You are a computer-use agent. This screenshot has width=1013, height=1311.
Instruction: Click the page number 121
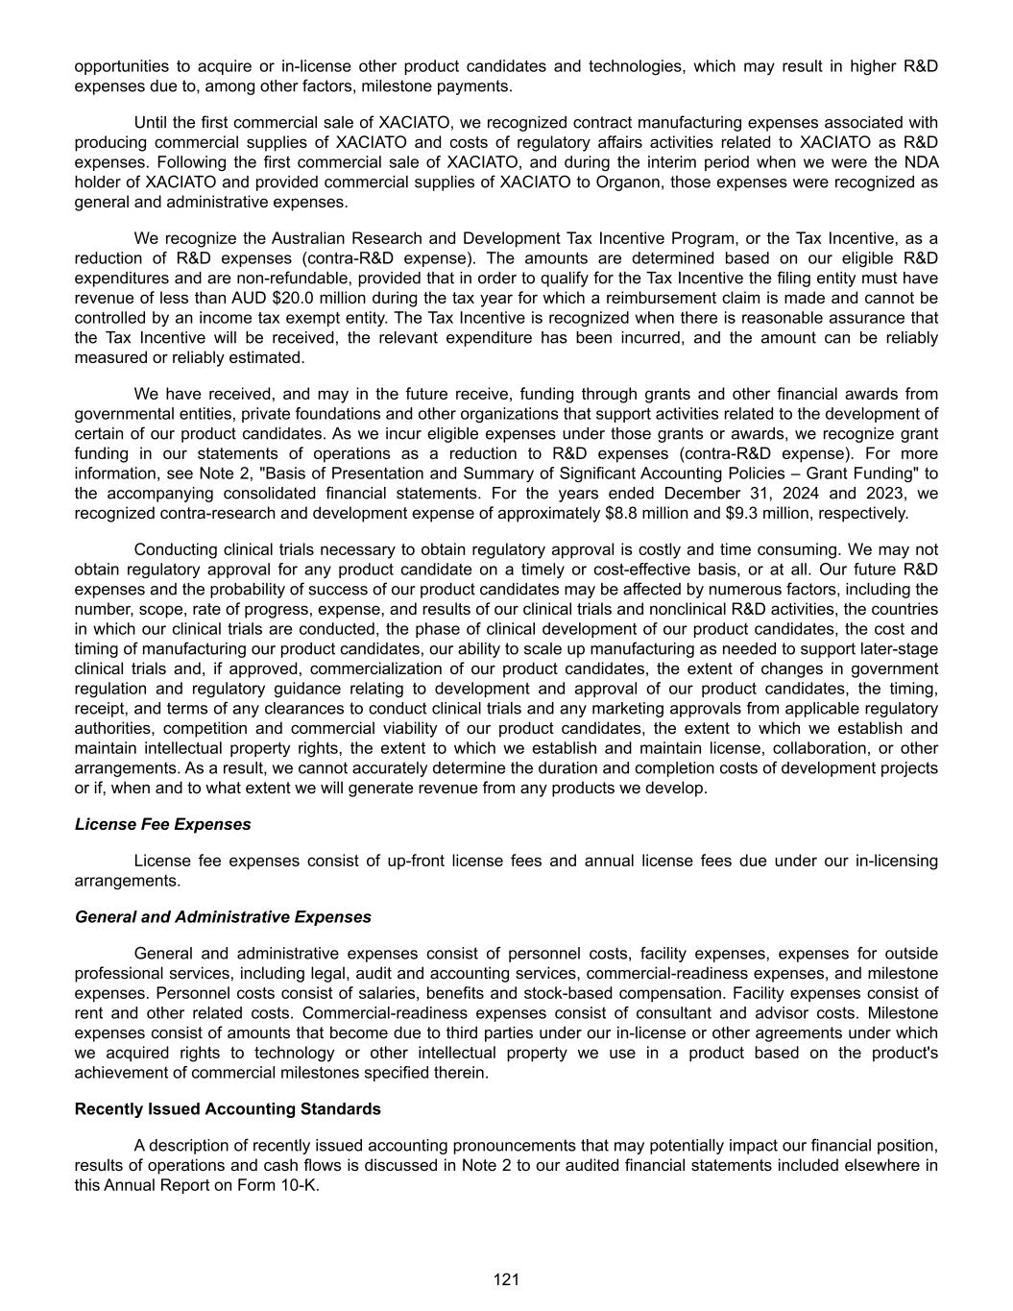coord(506,1278)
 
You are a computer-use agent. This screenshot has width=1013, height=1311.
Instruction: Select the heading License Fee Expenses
coord(162,824)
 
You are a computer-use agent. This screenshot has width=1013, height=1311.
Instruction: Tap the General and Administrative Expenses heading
coord(223,916)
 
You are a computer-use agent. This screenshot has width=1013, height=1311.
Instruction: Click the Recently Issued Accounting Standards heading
coord(228,1108)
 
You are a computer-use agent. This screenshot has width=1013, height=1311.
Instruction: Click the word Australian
coord(305,238)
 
